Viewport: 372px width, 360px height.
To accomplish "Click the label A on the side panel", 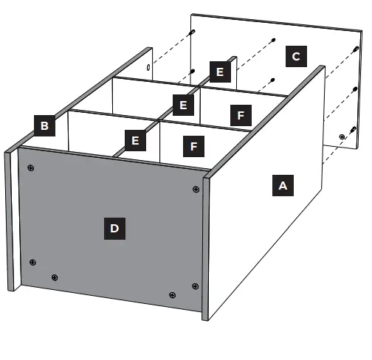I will [282, 185].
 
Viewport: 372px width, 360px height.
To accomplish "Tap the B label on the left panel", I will [44, 125].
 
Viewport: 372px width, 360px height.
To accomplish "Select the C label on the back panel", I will [296, 56].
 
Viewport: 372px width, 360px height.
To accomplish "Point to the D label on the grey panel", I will [114, 229].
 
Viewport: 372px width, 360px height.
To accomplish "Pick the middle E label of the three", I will [183, 105].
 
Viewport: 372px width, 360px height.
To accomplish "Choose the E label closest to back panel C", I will [218, 72].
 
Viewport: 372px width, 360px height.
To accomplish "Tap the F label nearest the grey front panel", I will [193, 147].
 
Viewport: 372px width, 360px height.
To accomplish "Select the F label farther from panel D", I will [238, 114].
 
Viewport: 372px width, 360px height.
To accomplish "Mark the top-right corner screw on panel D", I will [196, 190].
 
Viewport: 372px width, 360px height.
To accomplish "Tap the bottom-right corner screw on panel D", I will [195, 286].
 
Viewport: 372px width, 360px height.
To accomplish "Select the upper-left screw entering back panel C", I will [192, 32].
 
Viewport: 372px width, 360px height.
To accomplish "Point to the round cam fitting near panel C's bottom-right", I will [342, 137].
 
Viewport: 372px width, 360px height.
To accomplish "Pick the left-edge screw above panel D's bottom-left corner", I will [32, 261].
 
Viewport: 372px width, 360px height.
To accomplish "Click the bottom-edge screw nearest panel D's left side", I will [55, 277].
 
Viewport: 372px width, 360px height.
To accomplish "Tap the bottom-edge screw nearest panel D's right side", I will [172, 295].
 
